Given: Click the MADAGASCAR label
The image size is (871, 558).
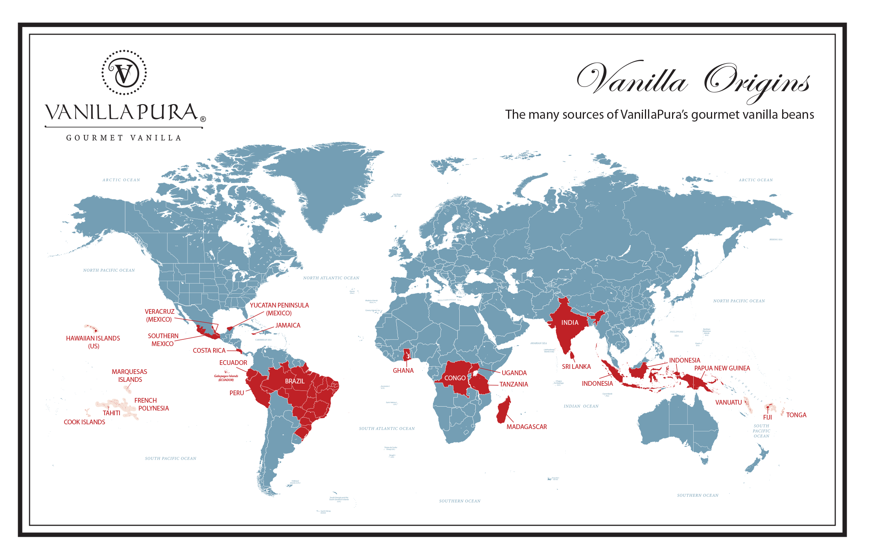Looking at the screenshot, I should click(527, 427).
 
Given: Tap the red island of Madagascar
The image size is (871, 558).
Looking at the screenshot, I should click(503, 411).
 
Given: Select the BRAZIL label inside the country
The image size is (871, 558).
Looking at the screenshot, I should click(295, 381).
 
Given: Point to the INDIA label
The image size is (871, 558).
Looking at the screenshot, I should click(569, 322).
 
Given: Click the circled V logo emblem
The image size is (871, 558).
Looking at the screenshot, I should click(124, 73).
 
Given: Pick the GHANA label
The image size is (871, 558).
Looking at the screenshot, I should click(403, 370).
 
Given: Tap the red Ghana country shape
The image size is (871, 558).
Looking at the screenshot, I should click(407, 355).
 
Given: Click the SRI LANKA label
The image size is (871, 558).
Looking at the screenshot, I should click(576, 366).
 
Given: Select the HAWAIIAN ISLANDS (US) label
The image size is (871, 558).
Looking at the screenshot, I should click(93, 342).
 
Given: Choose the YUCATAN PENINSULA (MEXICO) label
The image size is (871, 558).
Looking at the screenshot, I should click(279, 309).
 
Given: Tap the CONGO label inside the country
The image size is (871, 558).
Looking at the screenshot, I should click(455, 378).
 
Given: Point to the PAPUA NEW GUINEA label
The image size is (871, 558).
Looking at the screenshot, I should click(722, 368).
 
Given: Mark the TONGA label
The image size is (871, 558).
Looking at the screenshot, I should click(796, 415).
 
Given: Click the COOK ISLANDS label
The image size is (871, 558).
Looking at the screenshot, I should click(85, 422).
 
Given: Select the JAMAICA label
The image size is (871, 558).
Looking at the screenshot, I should click(288, 325).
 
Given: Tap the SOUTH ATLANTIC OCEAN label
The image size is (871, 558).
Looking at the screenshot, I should click(387, 429).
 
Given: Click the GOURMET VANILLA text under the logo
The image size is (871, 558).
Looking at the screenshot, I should click(124, 138).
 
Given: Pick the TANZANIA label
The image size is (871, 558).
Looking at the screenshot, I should click(514, 384).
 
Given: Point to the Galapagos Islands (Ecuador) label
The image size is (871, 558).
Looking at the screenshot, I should click(226, 378).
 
